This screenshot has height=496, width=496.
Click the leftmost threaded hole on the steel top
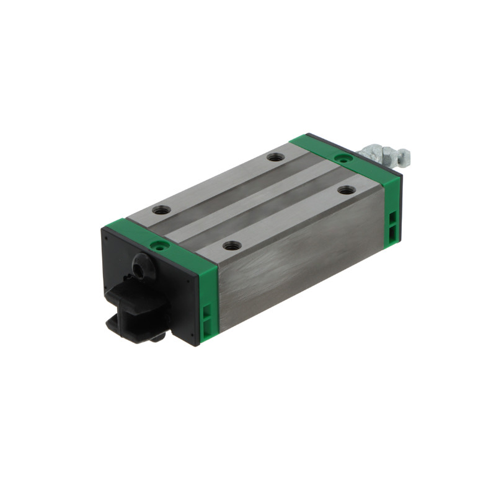pyautogui.click(x=161, y=210)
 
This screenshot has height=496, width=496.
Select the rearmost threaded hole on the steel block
pyautogui.click(x=275, y=157)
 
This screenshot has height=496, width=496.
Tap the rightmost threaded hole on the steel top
pyautogui.click(x=347, y=190)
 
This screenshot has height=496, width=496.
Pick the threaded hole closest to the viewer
pyautogui.click(x=231, y=246)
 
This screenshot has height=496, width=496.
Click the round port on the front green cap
pyautogui.click(x=161, y=246)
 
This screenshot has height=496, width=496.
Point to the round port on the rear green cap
pyautogui.click(x=339, y=158)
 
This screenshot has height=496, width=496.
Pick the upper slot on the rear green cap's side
pyautogui.click(x=393, y=217)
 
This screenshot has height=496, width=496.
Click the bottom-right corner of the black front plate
pyautogui.click(x=197, y=343)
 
